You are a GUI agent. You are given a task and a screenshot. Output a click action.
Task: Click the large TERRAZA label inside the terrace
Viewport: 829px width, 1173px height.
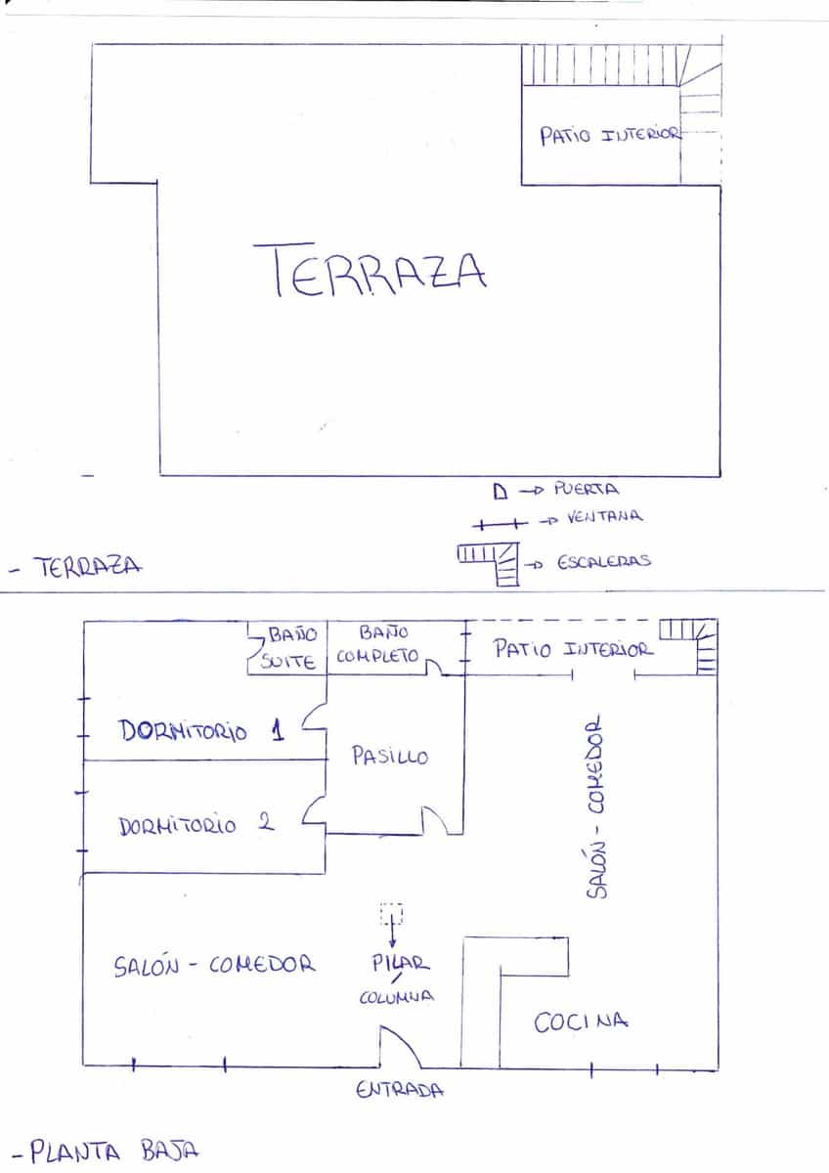(x=371, y=271)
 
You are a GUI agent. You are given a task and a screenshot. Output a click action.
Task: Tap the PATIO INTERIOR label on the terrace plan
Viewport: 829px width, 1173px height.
(x=610, y=135)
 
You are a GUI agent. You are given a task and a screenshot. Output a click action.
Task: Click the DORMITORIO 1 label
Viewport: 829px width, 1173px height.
(x=201, y=731)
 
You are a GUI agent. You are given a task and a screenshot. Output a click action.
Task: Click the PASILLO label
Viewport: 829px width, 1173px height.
(x=389, y=756)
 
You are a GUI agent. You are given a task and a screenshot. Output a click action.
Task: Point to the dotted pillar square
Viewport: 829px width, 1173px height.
(x=391, y=915)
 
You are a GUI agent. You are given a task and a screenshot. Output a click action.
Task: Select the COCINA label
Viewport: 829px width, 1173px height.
(x=580, y=1022)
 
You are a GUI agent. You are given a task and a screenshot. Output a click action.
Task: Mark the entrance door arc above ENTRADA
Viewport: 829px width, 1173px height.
(x=400, y=1047)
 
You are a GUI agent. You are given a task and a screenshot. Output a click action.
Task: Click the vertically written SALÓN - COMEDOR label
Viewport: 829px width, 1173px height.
(x=597, y=810)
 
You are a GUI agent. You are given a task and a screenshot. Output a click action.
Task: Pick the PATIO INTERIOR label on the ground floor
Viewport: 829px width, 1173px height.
(x=573, y=649)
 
